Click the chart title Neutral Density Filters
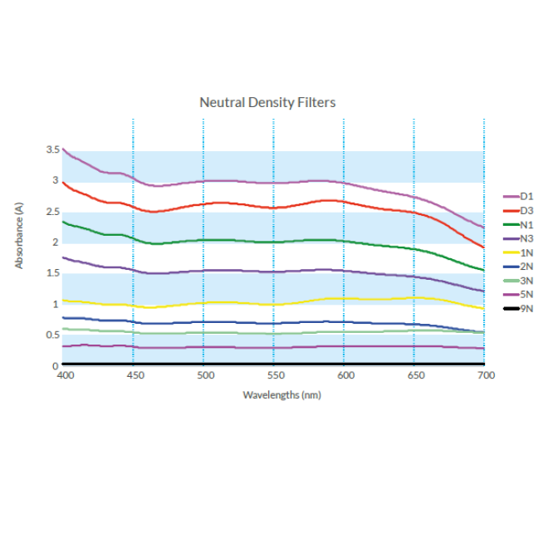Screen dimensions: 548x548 coord(267,102)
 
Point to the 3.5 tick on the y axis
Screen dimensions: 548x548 coord(52,149)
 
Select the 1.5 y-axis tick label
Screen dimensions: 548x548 coord(52,273)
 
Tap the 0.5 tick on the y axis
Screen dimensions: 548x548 coord(52,335)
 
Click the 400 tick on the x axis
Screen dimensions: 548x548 coord(65,375)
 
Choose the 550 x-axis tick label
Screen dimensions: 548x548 coord(275,375)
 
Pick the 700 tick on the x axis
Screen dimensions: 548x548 coord(487,375)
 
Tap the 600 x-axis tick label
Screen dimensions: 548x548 coord(345,375)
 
